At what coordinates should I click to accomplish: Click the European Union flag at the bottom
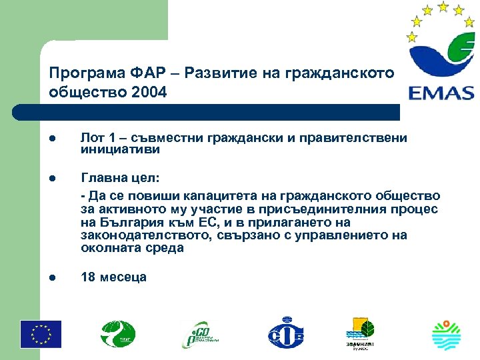tap(40, 334)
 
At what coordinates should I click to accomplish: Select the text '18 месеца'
tap(113, 277)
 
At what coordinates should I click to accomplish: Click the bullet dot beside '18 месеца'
tap(53, 277)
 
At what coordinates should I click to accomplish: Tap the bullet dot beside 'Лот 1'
tap(53, 137)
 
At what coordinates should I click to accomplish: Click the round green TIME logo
tap(118, 333)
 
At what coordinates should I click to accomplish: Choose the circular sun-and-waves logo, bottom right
tap(447, 334)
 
